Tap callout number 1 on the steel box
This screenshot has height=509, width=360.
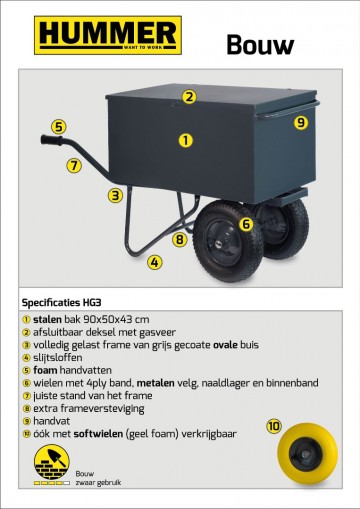185,141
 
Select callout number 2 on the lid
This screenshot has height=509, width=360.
188,97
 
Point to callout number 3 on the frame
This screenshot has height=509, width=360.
116,196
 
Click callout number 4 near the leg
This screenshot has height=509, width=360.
154,262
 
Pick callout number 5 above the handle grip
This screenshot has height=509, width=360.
59,127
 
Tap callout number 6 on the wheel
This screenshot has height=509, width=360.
245,224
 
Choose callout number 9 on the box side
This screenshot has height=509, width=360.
300,123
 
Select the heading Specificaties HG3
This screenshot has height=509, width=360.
60,301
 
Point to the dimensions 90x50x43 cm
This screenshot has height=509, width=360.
115,318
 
